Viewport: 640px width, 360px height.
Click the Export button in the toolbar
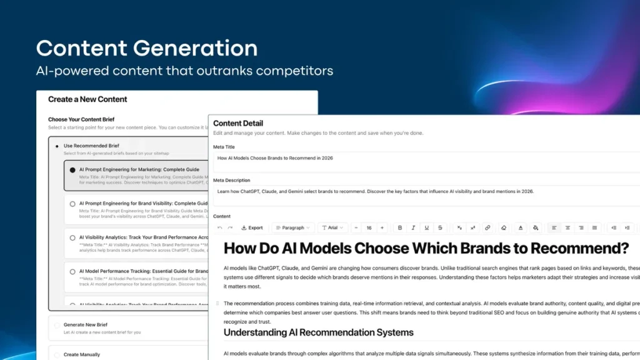pos(252,227)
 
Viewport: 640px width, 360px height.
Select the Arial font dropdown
pos(332,227)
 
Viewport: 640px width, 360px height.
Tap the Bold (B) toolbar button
pos(400,227)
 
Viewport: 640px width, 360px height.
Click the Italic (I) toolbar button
pos(413,227)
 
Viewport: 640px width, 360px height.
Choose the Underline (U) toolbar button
pos(427,227)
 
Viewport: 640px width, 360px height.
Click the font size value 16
pos(369,227)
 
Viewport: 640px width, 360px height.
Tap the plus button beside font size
pos(382,227)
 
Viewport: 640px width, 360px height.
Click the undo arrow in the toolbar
pos(219,227)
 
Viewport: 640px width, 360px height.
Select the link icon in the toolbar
pos(487,227)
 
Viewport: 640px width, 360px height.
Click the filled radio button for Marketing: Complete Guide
pos(72,169)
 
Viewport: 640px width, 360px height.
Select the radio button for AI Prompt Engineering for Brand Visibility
pos(72,204)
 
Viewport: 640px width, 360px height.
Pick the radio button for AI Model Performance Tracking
pos(72,271)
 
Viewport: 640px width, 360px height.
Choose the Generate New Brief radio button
pos(57,325)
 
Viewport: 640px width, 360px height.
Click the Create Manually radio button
pos(57,354)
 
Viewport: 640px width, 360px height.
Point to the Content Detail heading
pos(238,123)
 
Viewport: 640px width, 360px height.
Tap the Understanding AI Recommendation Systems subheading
pos(319,332)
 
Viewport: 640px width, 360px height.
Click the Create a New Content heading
pos(87,99)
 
